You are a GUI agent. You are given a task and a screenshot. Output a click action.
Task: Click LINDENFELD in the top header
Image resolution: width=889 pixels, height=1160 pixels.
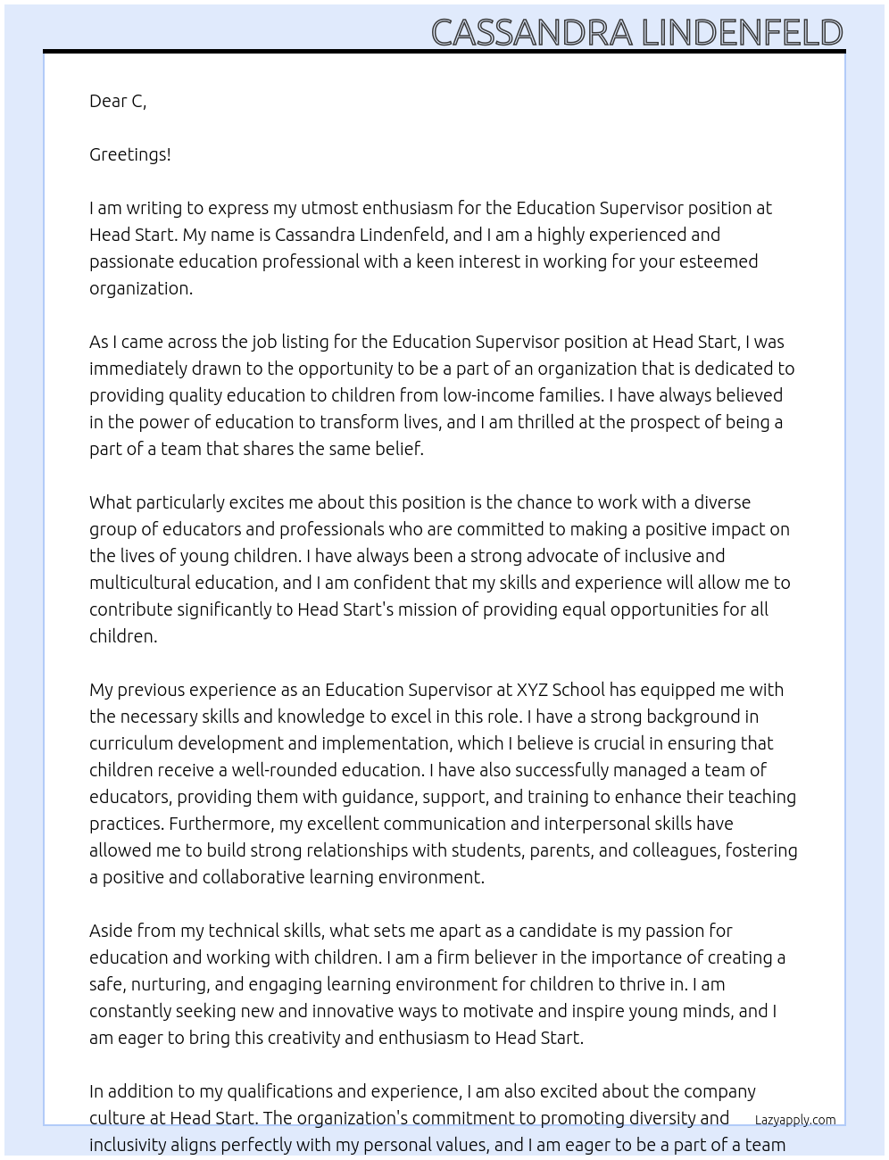(x=742, y=33)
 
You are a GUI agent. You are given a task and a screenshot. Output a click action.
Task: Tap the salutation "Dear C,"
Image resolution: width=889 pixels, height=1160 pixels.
(x=118, y=101)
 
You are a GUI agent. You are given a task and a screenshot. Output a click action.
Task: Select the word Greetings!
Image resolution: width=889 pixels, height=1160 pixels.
(x=130, y=154)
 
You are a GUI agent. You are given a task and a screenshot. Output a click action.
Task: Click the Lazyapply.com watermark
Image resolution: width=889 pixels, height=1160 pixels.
(x=795, y=1120)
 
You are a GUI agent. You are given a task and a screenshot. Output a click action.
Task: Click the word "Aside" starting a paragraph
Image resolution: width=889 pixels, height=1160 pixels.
(x=111, y=931)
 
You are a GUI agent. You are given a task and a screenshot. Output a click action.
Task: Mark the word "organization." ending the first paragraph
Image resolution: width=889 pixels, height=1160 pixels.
(x=141, y=288)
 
